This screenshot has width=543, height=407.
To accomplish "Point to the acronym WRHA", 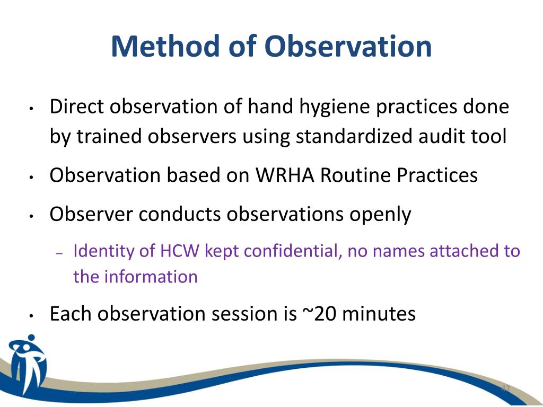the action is point(285,175).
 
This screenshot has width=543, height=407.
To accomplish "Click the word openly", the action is point(380,215).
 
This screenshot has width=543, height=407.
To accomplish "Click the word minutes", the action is point(379,314).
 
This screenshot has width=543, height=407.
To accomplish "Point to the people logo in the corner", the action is point(27,364).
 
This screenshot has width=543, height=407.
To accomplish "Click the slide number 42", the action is point(505,388).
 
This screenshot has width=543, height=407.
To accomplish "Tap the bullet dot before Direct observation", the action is point(31,109).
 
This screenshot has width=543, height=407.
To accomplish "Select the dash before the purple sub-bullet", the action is point(58,253).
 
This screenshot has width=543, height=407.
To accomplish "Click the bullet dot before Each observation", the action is point(31,316).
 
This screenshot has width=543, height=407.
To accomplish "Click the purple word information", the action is point(151,277).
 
